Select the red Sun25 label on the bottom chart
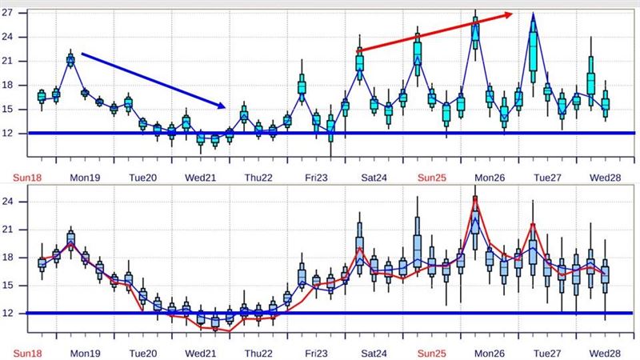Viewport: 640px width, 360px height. [x=432, y=353]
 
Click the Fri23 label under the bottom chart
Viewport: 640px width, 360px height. [x=317, y=353]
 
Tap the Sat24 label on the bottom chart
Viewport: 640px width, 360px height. [x=374, y=353]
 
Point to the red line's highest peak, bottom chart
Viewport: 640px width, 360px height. [x=475, y=197]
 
